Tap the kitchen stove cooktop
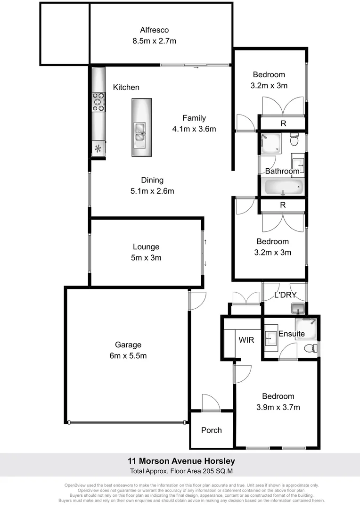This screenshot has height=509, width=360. pos(98,102)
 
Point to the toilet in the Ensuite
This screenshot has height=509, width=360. pos(310,349)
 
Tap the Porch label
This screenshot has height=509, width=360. pos(211,430)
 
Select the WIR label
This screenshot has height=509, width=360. pos(247,339)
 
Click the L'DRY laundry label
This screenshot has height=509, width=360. pos(285,296)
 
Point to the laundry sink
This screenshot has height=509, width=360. pos(297,309)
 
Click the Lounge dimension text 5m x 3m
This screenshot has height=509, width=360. pos(146,258)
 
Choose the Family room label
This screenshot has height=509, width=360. pos(194,118)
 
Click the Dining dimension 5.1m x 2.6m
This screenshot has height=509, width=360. pos(152,191)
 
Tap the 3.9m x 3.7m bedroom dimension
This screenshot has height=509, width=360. pos(278,407)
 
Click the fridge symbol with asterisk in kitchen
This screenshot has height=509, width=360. pos(98,149)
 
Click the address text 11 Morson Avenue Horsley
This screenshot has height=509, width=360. pos(181,461)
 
